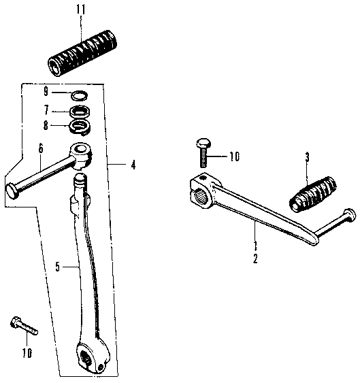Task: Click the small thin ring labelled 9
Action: coord(79,95)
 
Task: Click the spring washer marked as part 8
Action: coord(80,126)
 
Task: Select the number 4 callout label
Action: coord(133,164)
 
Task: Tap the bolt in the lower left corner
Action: coord(23,327)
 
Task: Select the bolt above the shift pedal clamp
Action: coord(202,152)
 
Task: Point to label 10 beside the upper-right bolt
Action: coord(234,157)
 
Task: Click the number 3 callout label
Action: coord(306,157)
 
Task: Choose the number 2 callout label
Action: coord(255,259)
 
